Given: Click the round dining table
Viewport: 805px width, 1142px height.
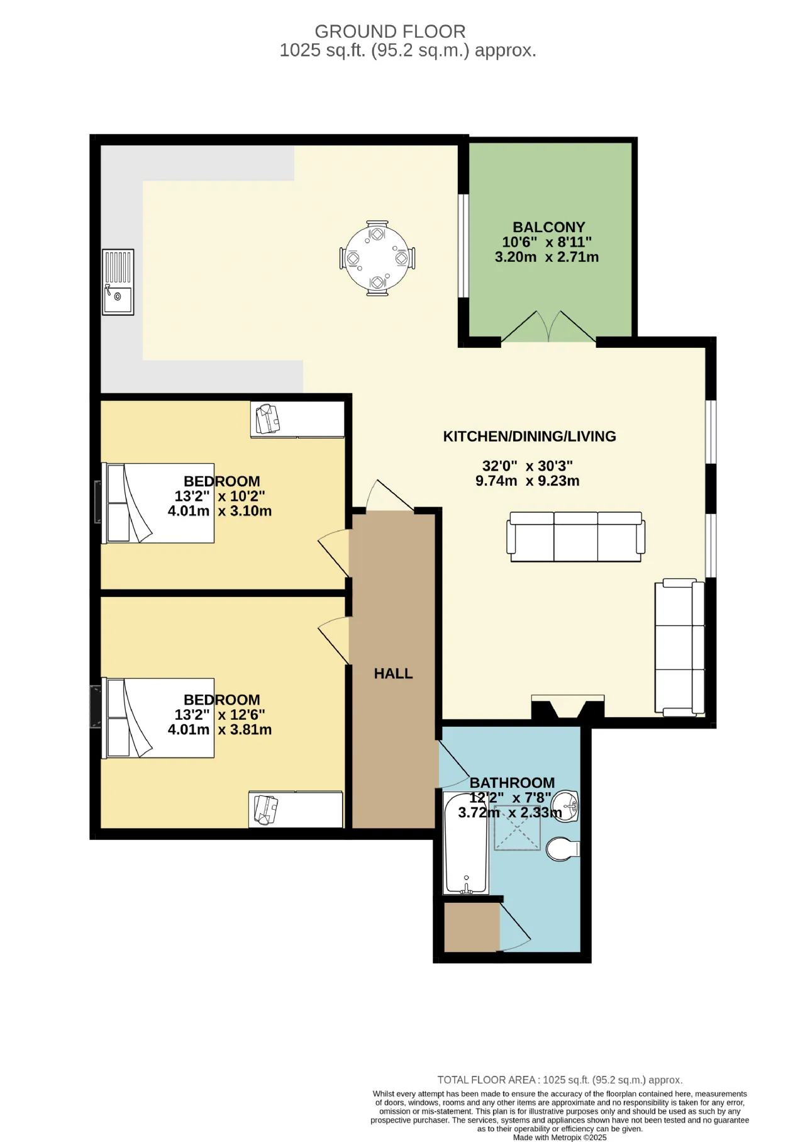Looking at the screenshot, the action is click(x=377, y=259).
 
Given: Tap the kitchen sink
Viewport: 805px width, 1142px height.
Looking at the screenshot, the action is click(x=118, y=282).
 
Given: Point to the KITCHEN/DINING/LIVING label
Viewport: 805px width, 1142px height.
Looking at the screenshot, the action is click(x=530, y=436).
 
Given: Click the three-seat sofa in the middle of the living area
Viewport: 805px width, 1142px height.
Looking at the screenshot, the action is click(x=575, y=537).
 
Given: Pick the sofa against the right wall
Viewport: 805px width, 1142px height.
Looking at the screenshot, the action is click(x=680, y=647).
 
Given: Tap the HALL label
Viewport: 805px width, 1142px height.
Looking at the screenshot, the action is click(x=394, y=674).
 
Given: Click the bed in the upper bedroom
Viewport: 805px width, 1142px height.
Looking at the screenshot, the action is click(x=158, y=503).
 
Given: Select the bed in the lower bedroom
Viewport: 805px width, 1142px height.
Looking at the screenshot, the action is click(x=158, y=718).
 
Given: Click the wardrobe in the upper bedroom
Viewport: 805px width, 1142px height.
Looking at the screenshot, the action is click(x=297, y=419).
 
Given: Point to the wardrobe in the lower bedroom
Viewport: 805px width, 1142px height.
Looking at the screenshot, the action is click(x=296, y=809).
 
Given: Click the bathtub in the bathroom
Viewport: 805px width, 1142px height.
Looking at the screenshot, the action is click(x=466, y=843).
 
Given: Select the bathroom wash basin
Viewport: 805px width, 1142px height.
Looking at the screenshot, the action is click(x=568, y=806).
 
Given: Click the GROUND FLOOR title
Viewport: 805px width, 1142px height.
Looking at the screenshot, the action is click(x=390, y=31).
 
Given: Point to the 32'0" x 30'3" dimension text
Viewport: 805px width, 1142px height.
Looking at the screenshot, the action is click(x=528, y=466).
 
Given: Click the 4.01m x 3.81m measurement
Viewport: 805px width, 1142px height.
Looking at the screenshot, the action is click(x=219, y=730).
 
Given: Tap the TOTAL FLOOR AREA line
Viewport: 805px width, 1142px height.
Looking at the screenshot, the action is click(x=560, y=1080).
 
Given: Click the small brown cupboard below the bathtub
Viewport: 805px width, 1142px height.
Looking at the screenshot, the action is click(x=472, y=928).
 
